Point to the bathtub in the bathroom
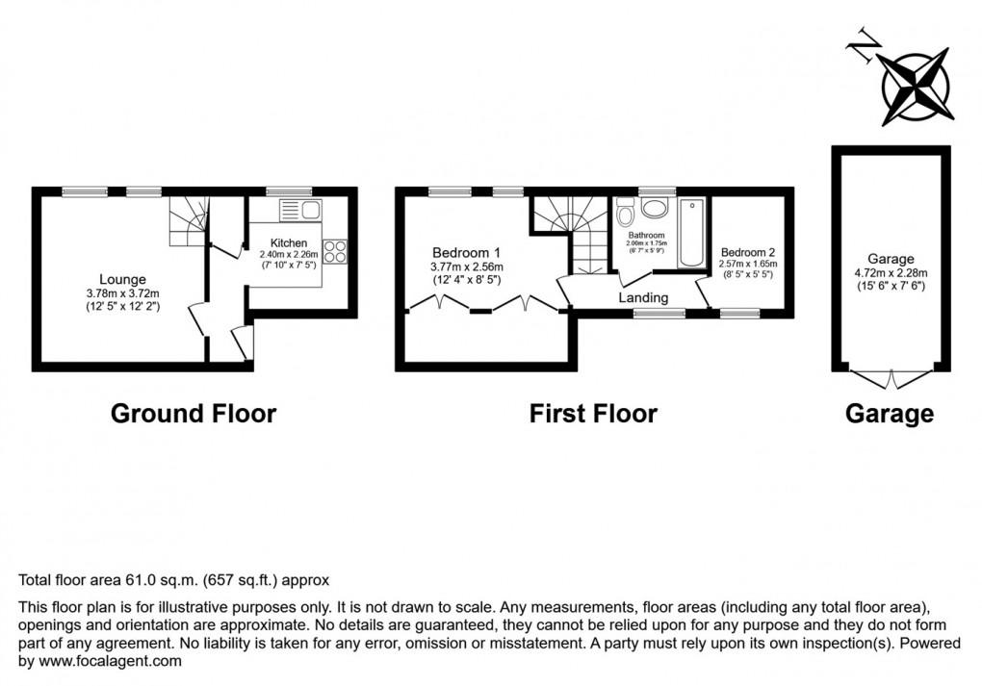pyautogui.click(x=693, y=235)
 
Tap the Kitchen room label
pyautogui.click(x=288, y=242)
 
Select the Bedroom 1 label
pyautogui.click(x=466, y=253)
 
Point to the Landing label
pyautogui.click(x=643, y=298)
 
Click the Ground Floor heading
pyautogui.click(x=194, y=414)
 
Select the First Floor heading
pyautogui.click(x=593, y=414)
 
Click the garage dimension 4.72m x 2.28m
pyautogui.click(x=889, y=272)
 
